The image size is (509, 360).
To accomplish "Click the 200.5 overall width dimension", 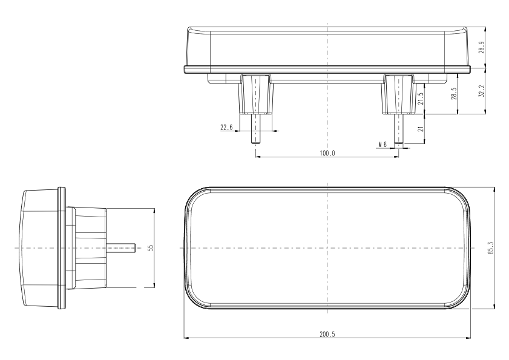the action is click(327, 334).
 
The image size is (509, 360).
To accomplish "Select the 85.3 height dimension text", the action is click(490, 247).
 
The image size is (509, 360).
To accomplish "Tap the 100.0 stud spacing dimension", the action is click(327, 153).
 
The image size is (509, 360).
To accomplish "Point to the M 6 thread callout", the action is click(383, 144).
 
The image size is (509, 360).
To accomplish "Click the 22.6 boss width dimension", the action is click(226, 127).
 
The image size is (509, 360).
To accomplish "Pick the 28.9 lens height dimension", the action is click(482, 47).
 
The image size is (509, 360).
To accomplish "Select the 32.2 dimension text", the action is click(482, 91).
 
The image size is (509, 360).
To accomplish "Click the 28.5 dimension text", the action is click(454, 94).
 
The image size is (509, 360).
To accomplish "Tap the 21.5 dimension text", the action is click(421, 99).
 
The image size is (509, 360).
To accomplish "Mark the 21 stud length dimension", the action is click(421, 128).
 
